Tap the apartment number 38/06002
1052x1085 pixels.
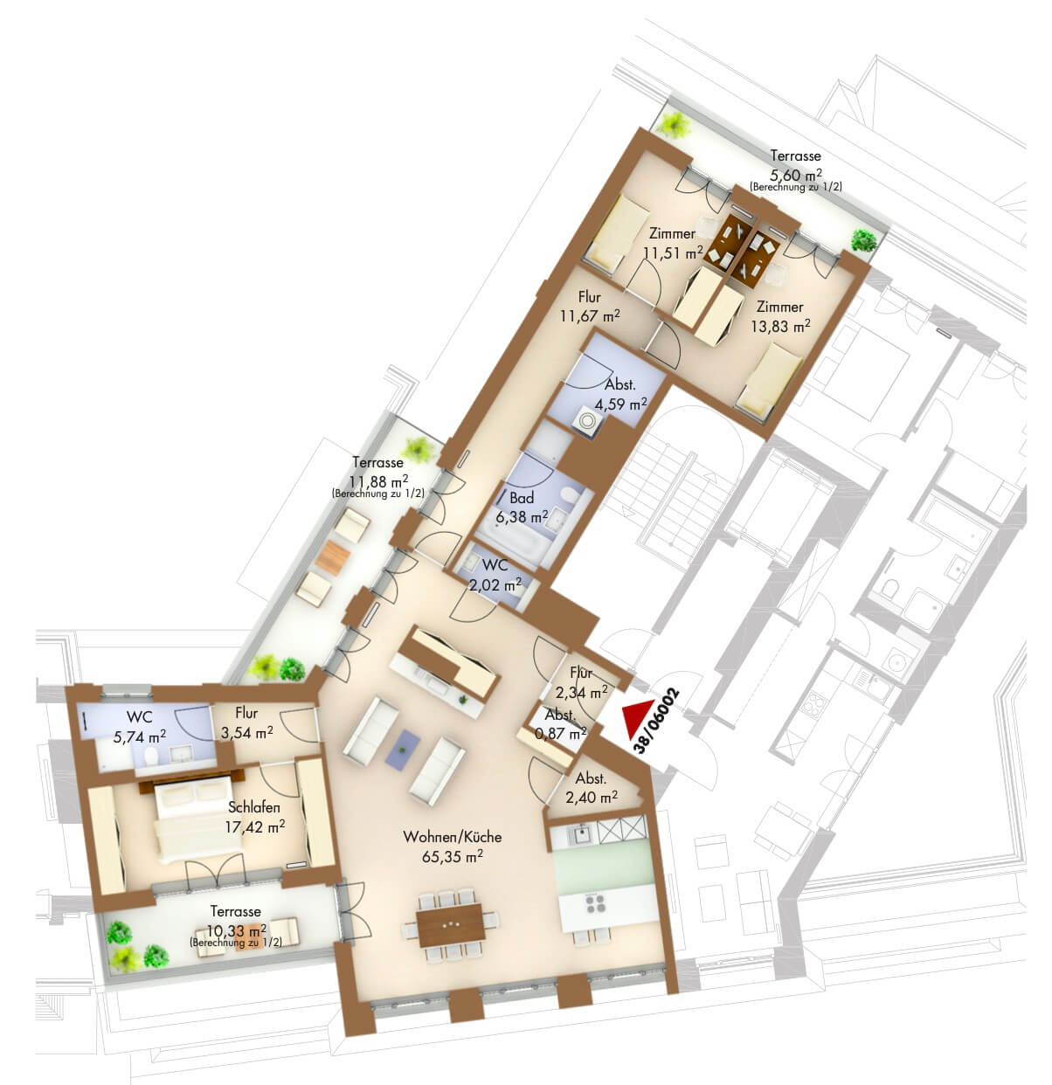coord(657,721)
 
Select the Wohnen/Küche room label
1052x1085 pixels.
coord(452,836)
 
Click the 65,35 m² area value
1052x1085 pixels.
coord(452,856)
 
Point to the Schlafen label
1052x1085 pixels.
coord(253,807)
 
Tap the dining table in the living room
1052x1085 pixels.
coord(450,925)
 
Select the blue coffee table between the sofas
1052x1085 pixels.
coord(403,750)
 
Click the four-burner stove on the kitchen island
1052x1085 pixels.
coord(595,904)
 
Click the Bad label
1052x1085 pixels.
coord(522,498)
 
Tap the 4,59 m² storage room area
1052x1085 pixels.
coord(620,404)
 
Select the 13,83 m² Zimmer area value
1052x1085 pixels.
coord(779,326)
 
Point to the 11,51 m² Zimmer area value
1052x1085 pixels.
coord(672,253)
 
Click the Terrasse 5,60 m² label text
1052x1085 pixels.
coord(795,155)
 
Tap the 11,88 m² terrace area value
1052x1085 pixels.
coord(378,480)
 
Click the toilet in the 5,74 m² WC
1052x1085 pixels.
coord(150,757)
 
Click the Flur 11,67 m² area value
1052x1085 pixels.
coord(590,316)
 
